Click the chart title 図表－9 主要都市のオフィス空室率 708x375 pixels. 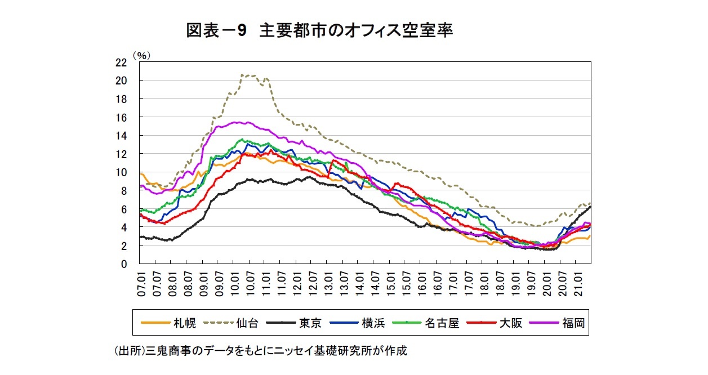[319, 31]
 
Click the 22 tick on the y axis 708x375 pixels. [121, 62]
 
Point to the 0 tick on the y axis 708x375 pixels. [123, 264]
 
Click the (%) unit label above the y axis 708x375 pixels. [141, 55]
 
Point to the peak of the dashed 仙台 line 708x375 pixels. [242, 74]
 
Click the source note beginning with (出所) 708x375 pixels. [260, 351]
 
